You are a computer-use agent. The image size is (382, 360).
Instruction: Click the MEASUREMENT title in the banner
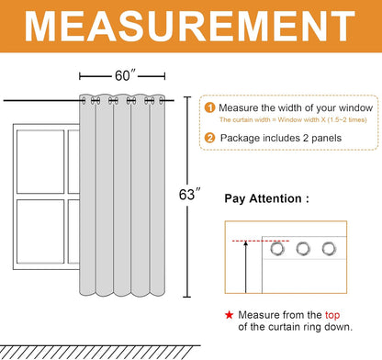[x=190, y=27]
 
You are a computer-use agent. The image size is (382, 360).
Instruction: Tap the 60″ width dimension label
[x=125, y=75]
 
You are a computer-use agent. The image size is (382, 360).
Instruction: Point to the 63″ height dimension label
[x=190, y=195]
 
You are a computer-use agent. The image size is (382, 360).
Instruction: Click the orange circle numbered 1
[x=209, y=107]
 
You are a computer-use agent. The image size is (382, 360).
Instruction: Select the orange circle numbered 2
[x=209, y=138]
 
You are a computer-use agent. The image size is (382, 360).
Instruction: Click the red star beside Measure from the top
[x=229, y=315]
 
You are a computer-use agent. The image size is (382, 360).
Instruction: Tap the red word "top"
[x=332, y=315]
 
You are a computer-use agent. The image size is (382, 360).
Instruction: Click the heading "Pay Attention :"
[x=266, y=198]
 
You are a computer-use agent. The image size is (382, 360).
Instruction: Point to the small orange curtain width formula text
[x=293, y=119]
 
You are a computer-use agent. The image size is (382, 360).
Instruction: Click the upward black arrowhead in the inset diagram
[x=245, y=243]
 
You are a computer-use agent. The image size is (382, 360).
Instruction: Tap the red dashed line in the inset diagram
[x=261, y=242]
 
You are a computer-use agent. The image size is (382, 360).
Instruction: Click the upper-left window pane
[x=40, y=162]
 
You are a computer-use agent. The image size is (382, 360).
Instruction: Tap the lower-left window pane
[x=40, y=231]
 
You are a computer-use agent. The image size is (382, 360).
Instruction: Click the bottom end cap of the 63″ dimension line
[x=186, y=297]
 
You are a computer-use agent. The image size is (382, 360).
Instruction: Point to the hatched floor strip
[x=100, y=352]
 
